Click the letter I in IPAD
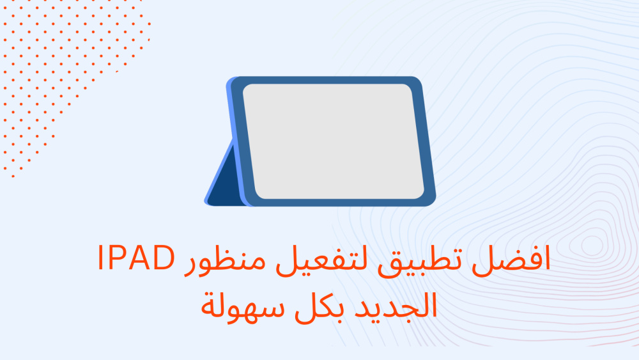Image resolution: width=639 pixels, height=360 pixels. tap(101, 257)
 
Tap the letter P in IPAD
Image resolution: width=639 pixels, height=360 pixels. tap(119, 257)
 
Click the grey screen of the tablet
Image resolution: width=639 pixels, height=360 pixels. tap(333, 141)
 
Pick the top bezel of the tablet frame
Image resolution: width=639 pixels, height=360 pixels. tap(326, 80)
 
